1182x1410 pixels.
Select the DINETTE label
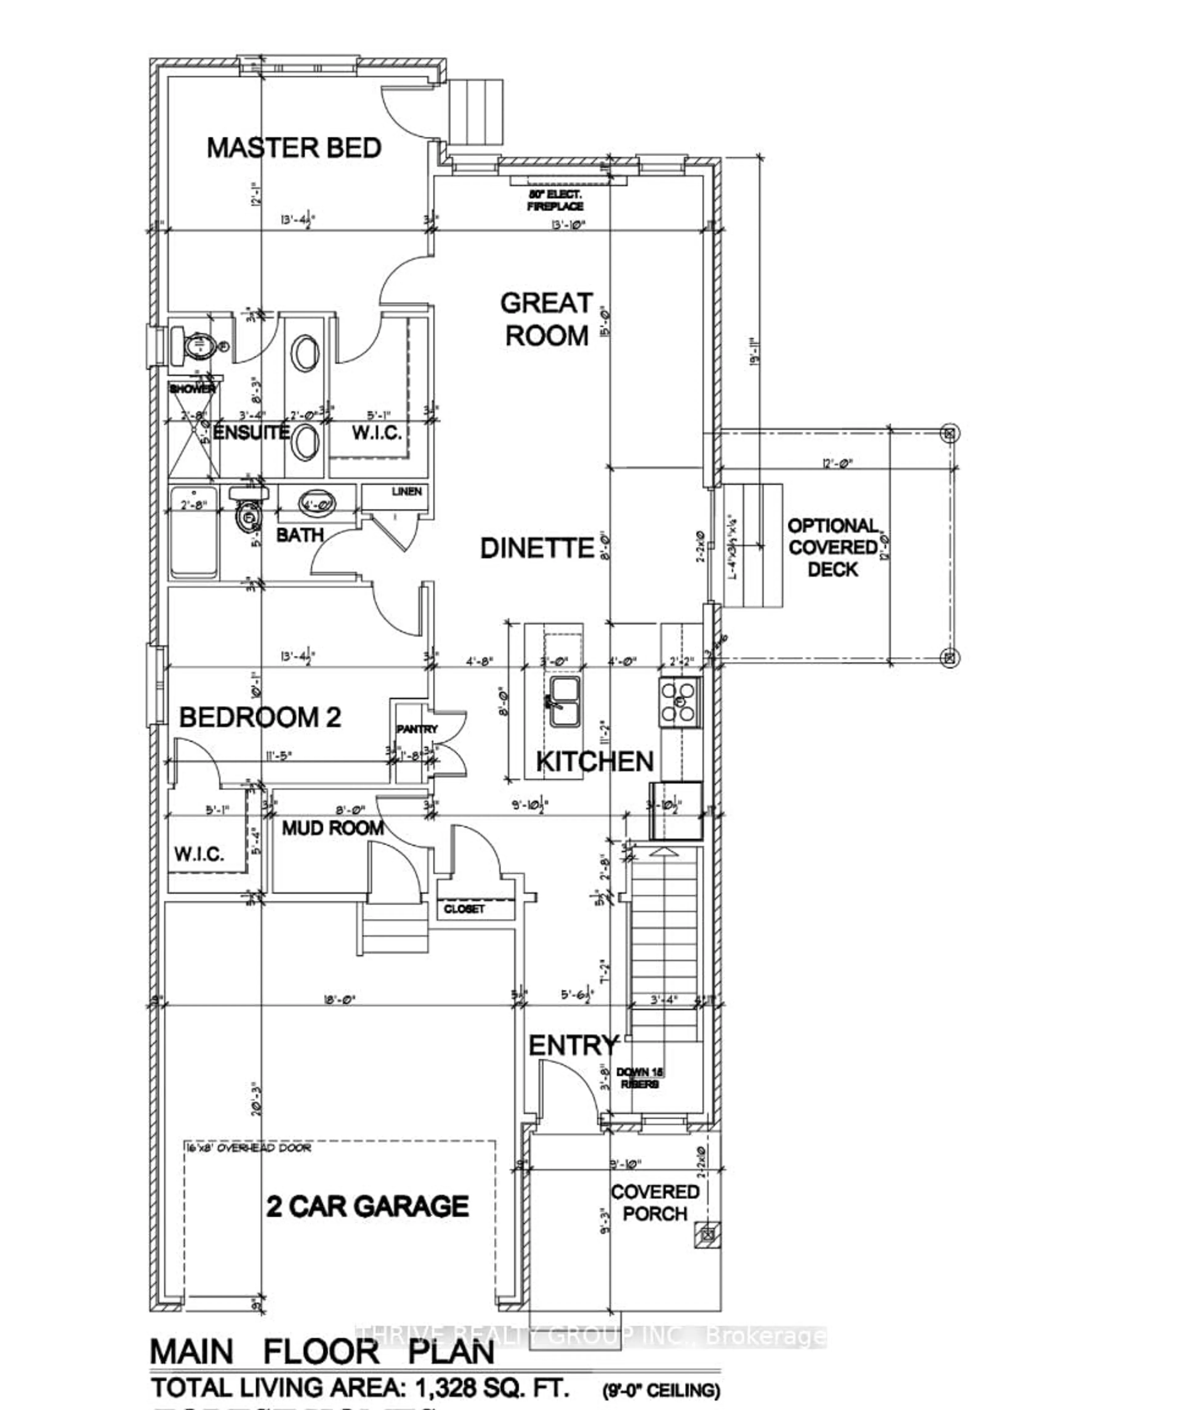click(537, 548)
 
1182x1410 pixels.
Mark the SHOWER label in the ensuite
click(192, 389)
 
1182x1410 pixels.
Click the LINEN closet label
click(407, 491)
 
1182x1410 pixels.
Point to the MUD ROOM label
click(332, 828)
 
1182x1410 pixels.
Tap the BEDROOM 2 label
click(260, 717)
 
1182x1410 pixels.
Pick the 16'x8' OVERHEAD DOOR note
click(248, 1148)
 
